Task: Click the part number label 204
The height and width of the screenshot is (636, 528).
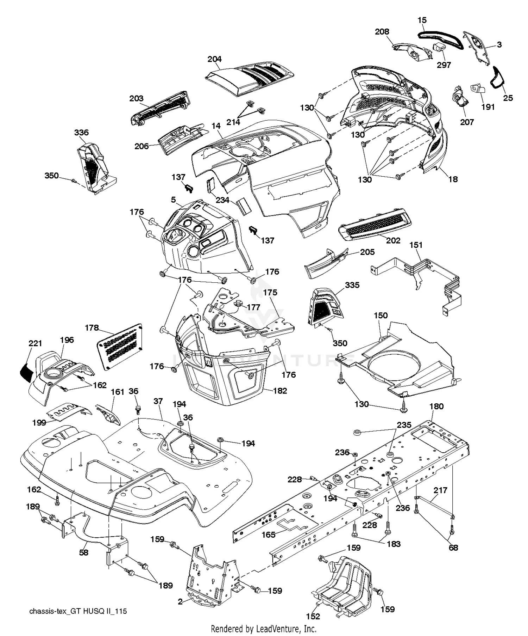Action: coord(214,59)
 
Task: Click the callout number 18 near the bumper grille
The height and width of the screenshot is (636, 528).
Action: coord(453,179)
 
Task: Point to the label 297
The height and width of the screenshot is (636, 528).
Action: coord(444,65)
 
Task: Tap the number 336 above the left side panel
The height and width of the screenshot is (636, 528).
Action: coord(81,133)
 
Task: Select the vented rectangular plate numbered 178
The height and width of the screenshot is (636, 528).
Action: coord(120,347)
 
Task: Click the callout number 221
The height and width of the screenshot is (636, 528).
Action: coord(35,343)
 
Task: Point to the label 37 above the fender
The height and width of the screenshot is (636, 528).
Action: coord(158,401)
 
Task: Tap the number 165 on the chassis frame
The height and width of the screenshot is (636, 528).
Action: coord(268,535)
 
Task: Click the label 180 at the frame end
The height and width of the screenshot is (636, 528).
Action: coord(436,406)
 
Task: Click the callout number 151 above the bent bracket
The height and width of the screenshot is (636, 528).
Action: coord(416,245)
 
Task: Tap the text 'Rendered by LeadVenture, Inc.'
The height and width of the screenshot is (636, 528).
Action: coord(263,629)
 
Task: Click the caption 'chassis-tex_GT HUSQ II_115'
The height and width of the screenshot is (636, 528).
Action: coord(78,611)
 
